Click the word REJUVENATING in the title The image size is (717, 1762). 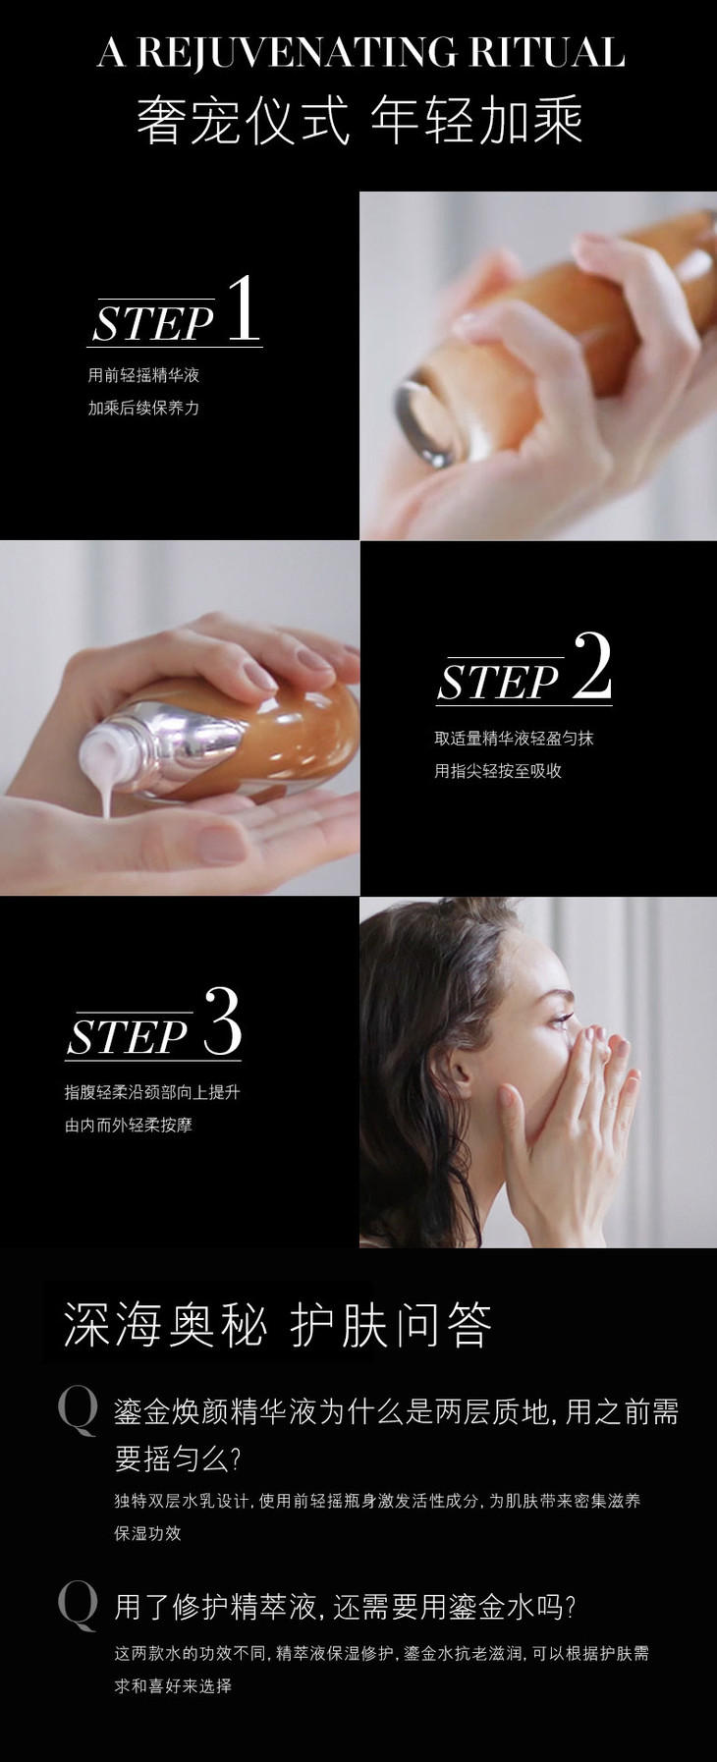(x=296, y=52)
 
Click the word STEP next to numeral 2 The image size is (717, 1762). (x=498, y=681)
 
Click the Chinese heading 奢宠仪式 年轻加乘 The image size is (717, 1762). (x=359, y=121)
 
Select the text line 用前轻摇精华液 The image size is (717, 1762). (x=143, y=375)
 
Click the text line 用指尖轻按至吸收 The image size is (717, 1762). (x=498, y=771)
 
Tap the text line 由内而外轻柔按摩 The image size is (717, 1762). (x=129, y=1125)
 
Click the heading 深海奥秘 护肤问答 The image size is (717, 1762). (x=278, y=1325)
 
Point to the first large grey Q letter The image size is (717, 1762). (x=78, y=1411)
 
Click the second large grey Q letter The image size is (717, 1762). (x=78, y=1606)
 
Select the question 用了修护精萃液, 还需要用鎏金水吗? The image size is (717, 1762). (x=345, y=1608)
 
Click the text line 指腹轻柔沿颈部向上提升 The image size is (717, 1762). (x=152, y=1092)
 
